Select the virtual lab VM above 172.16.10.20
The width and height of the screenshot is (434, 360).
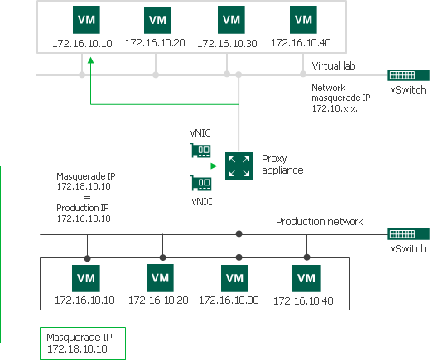click(x=155, y=19)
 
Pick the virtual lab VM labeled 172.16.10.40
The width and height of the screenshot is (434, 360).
click(x=302, y=19)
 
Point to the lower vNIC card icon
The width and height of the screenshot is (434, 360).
click(x=200, y=182)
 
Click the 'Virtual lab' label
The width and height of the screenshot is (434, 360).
click(x=333, y=65)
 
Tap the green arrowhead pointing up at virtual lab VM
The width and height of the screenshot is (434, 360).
click(x=90, y=71)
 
